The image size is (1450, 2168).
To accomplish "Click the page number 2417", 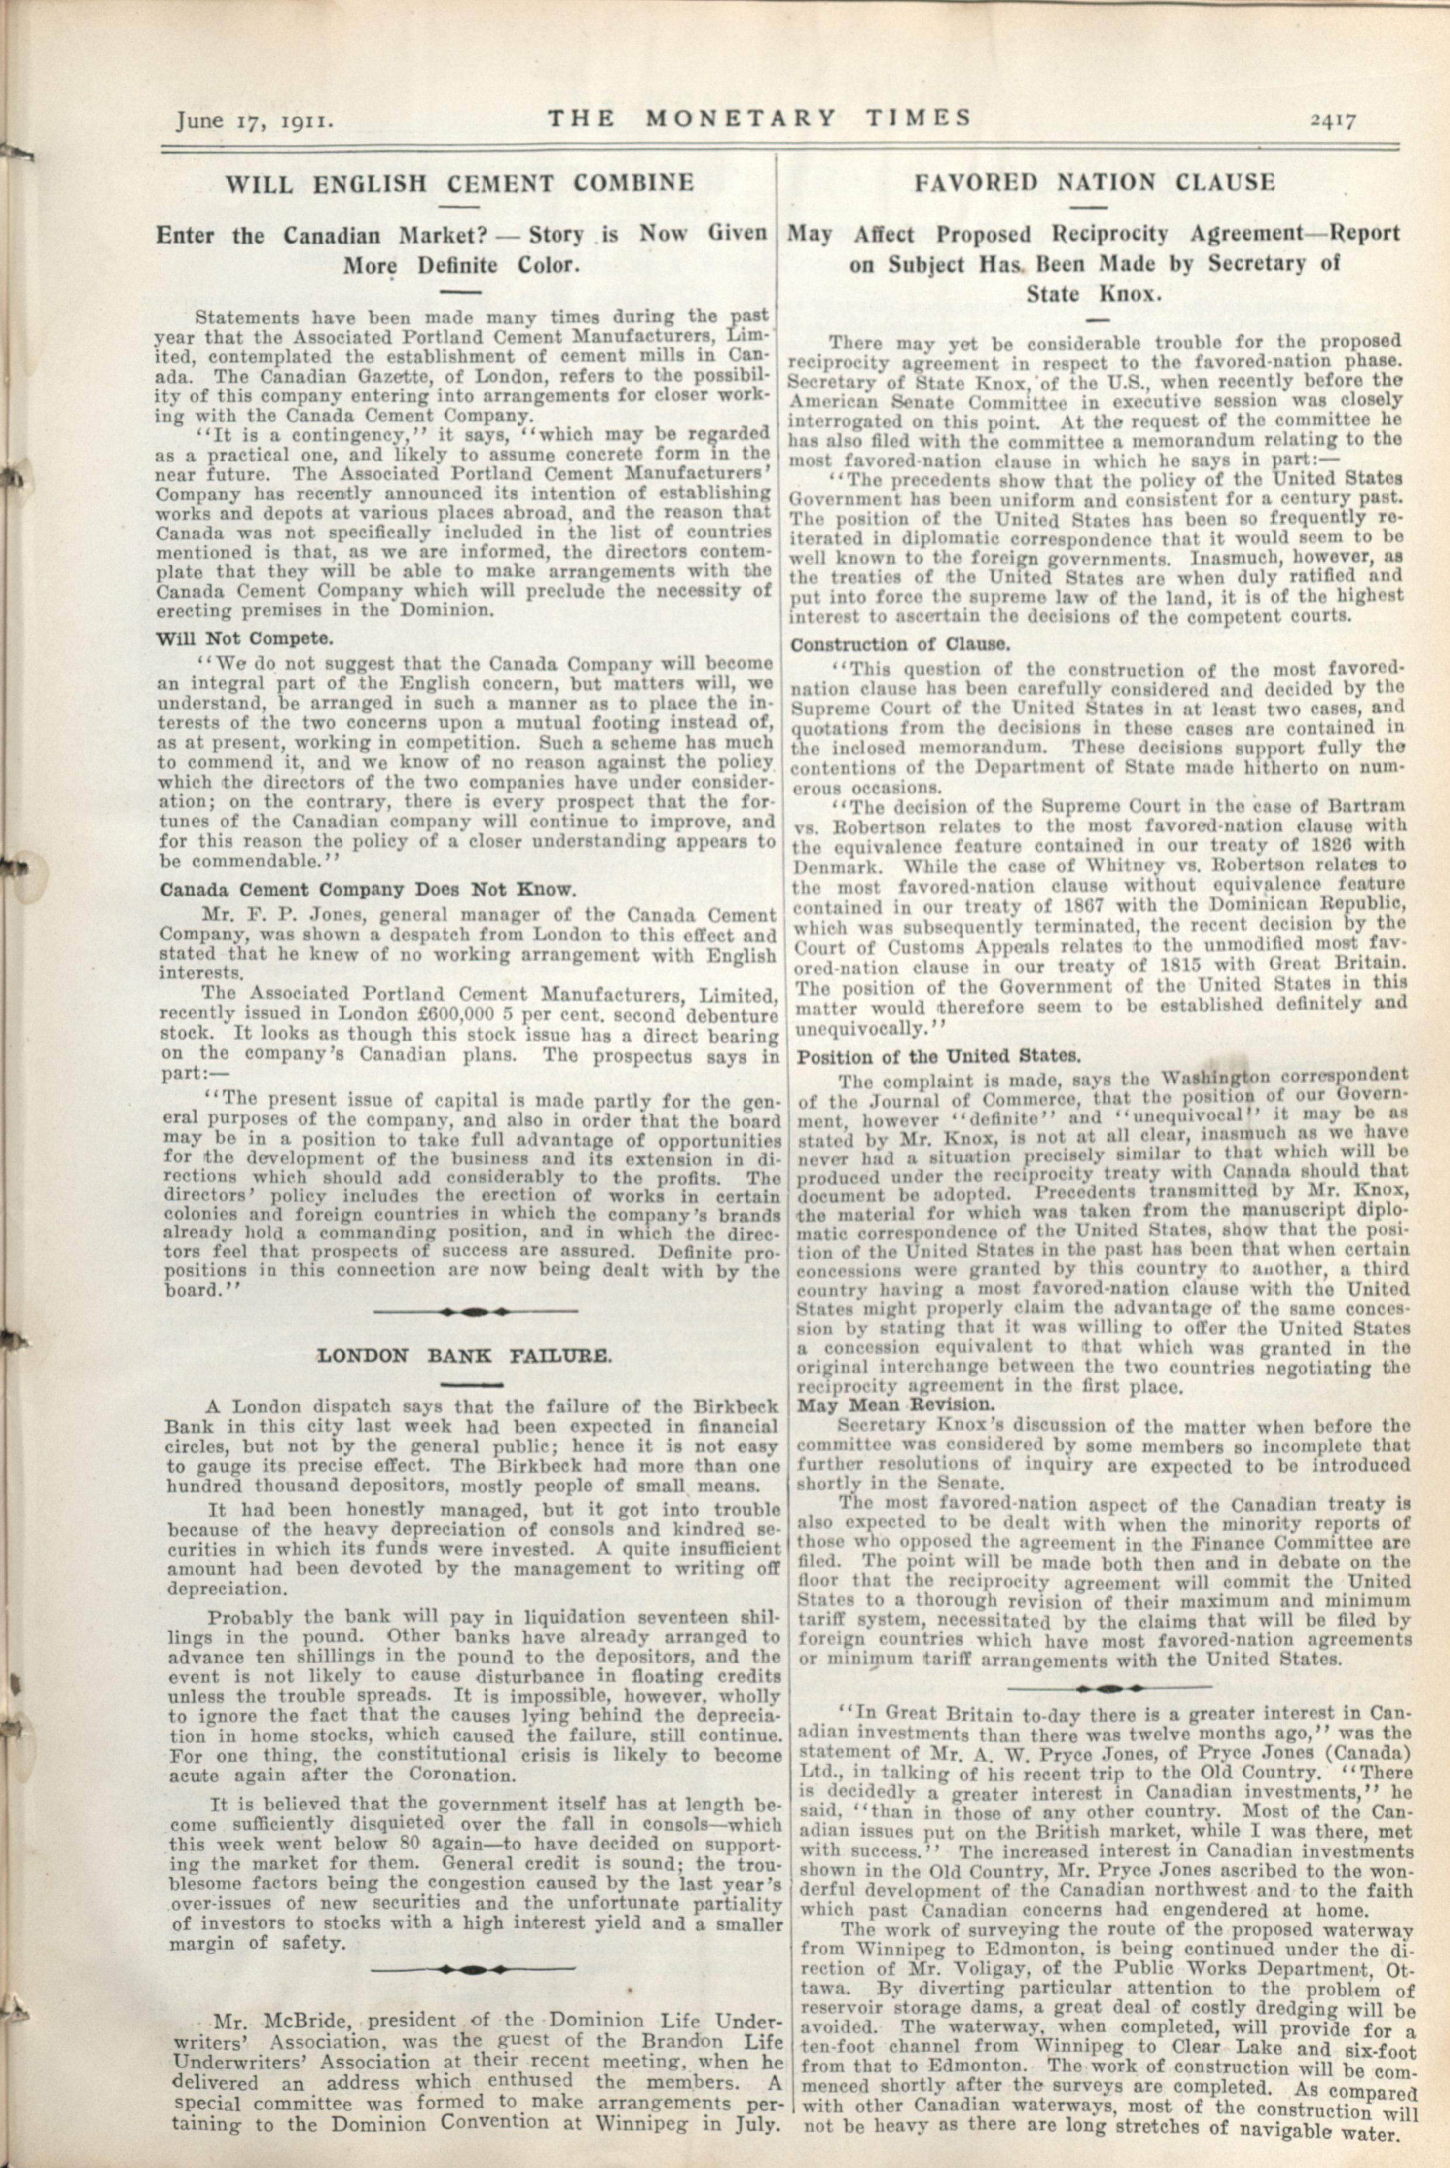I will (1331, 120).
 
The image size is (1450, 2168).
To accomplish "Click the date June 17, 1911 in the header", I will (254, 120).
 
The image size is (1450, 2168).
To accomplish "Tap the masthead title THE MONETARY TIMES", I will (758, 118).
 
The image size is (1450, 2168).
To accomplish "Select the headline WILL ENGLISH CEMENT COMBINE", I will (459, 182).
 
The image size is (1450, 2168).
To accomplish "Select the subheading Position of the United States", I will (939, 1055).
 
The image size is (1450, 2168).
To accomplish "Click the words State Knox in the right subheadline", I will (1093, 295).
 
